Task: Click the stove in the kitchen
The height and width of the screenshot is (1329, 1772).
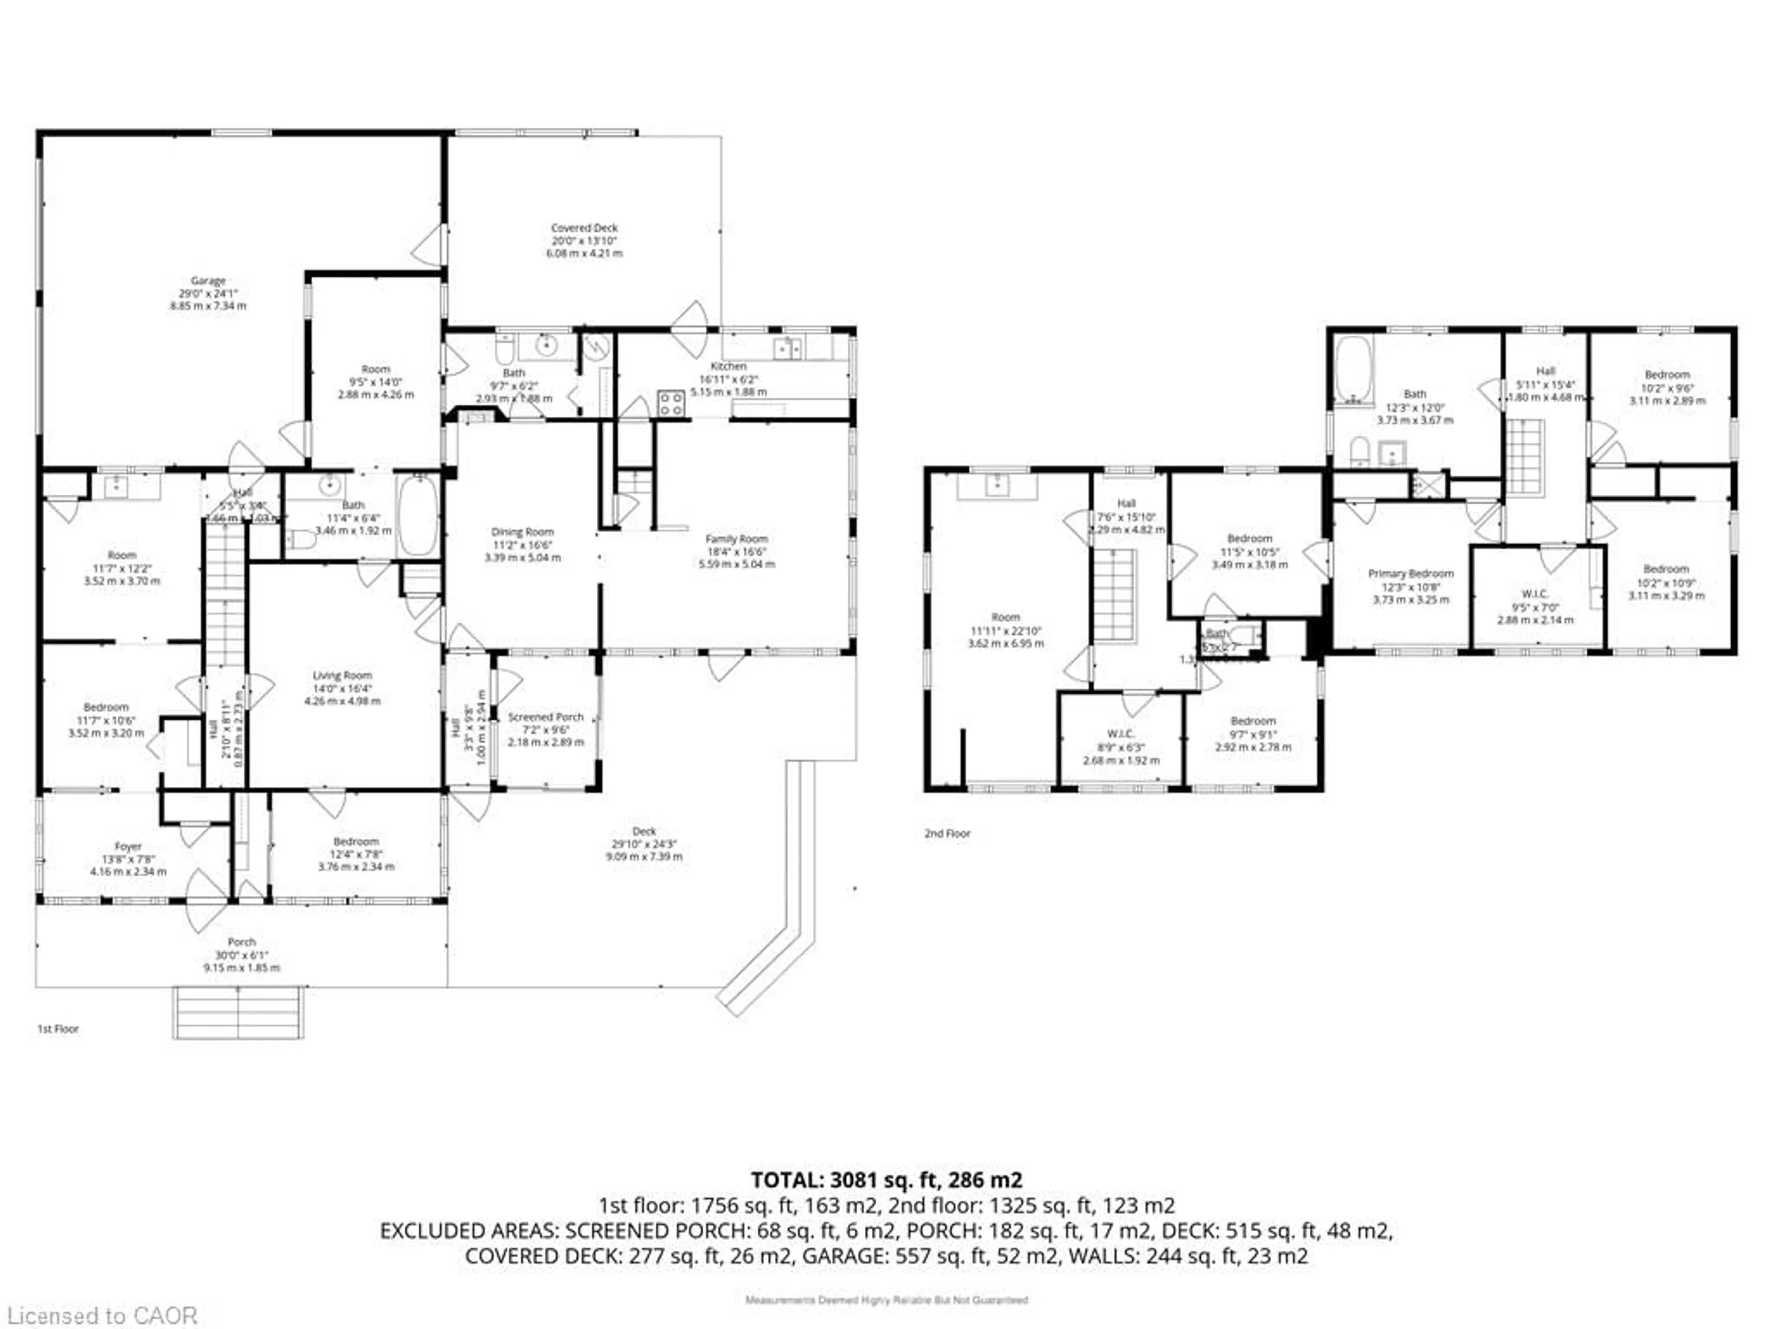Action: (x=671, y=403)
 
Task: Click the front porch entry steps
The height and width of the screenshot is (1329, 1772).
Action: (x=239, y=1012)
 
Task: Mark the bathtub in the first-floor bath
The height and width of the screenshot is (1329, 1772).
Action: (x=417, y=515)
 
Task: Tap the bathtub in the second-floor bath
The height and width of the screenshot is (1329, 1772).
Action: (x=1354, y=369)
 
